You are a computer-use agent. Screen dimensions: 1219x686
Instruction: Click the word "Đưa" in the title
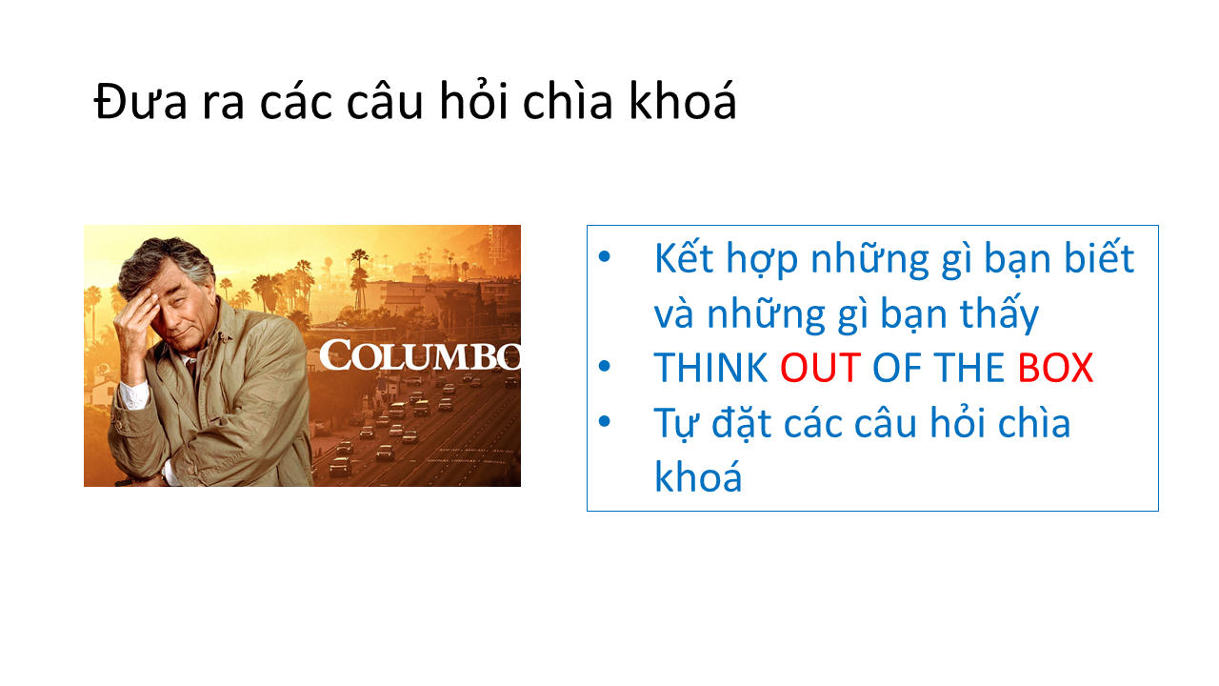pos(140,101)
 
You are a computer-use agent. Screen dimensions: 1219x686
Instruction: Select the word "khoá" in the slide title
pos(683,100)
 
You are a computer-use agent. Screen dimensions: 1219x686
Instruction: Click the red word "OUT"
pos(821,369)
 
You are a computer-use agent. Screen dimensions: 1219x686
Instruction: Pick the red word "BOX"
pos(1055,369)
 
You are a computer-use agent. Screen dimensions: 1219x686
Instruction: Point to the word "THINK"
pos(710,369)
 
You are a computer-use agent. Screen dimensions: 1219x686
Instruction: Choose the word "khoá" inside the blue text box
pos(698,475)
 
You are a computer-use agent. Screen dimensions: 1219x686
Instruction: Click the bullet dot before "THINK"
pos(604,367)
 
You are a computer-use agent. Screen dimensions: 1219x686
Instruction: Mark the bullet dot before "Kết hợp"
pos(604,257)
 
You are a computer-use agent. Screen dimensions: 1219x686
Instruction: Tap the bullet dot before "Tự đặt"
pos(604,421)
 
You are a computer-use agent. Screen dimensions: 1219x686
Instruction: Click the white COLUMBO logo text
pos(420,355)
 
